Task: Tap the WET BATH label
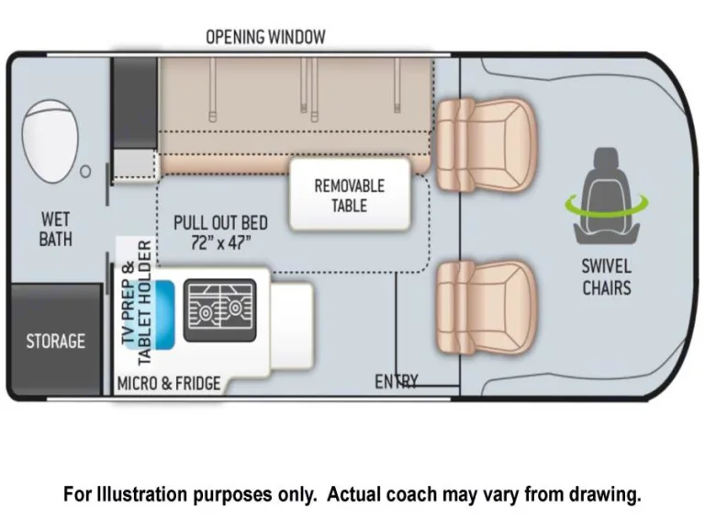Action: [55, 230]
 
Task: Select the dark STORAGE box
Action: [55, 341]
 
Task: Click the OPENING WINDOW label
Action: [265, 37]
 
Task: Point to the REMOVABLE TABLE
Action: [350, 195]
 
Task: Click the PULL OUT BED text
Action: [221, 223]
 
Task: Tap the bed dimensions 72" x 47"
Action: [218, 242]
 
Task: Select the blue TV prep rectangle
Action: [165, 313]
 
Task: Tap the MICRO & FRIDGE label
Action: [168, 383]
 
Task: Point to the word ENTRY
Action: [397, 381]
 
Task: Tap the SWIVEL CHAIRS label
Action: [606, 276]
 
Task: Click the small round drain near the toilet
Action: [85, 171]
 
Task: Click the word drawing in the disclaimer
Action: [606, 494]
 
